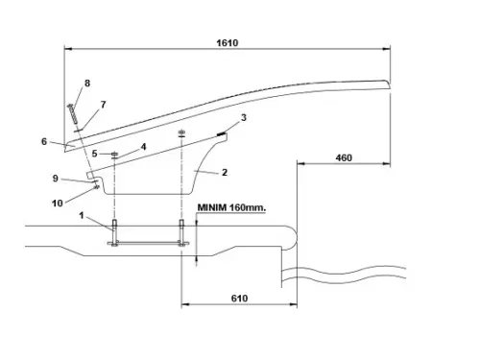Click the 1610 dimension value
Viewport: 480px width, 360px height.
[x=228, y=43]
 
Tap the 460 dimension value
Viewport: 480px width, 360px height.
[x=344, y=157]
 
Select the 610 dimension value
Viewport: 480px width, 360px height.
[x=239, y=299]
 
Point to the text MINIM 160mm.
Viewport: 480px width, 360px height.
[x=231, y=207]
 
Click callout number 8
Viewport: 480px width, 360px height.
[x=87, y=84]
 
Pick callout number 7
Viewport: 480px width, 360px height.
[x=103, y=105]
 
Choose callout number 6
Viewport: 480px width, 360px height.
[x=44, y=141]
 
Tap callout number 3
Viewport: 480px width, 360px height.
[x=244, y=117]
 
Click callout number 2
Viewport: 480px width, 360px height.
[x=225, y=172]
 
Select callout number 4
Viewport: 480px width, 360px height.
[x=143, y=147]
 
